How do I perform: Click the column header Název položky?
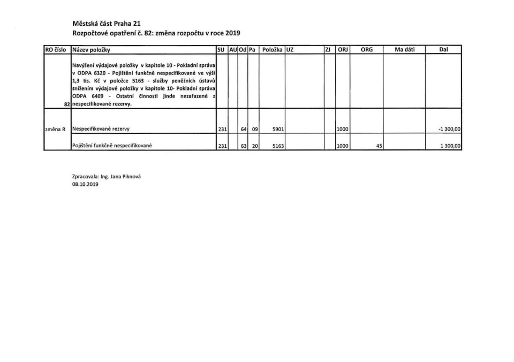tap(92, 50)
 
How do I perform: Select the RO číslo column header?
tap(56, 50)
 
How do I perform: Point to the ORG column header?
tap(367, 50)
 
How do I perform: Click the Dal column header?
tap(443, 50)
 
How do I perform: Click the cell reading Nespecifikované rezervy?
tap(101, 129)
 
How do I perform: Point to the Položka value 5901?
tap(277, 129)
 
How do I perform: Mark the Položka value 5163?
tap(277, 146)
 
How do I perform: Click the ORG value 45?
tap(379, 146)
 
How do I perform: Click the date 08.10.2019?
tap(86, 184)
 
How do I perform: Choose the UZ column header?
tap(290, 50)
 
